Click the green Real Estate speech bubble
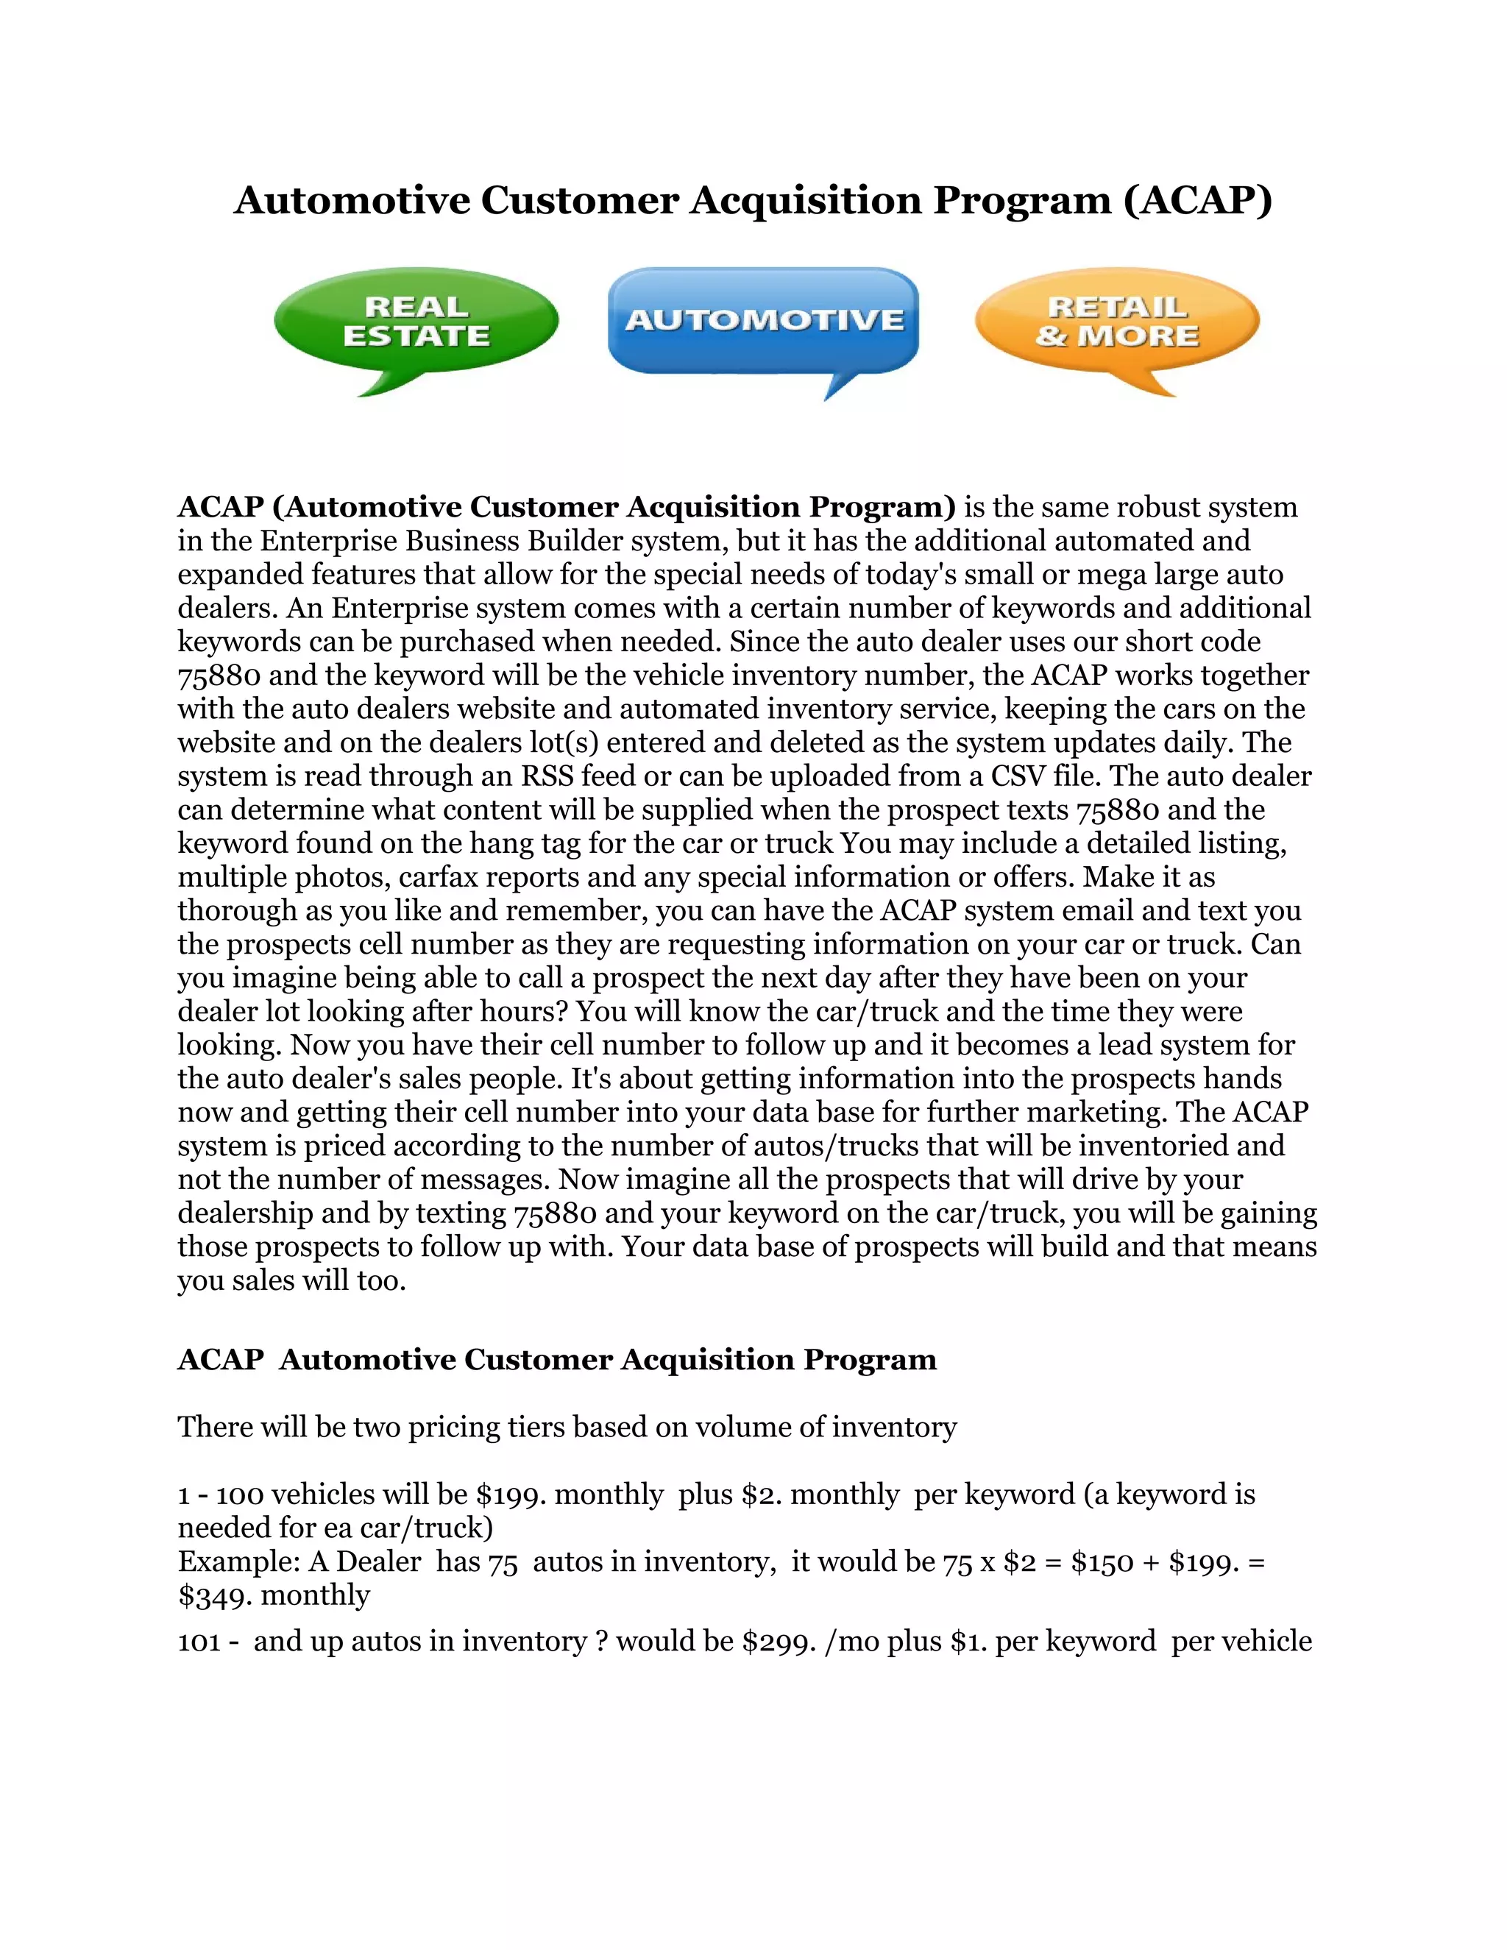[x=416, y=322]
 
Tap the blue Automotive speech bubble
[x=763, y=319]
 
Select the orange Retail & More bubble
[x=1116, y=322]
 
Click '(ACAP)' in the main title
[x=1197, y=200]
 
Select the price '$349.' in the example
[x=215, y=1595]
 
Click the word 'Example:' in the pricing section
[x=238, y=1561]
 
